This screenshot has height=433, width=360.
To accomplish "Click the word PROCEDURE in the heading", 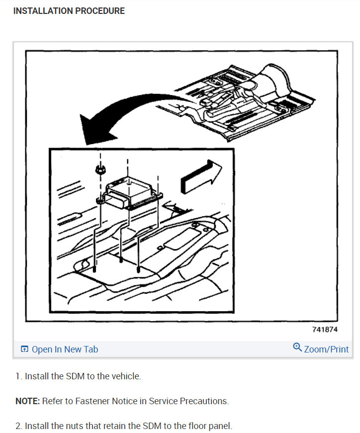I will tap(101, 11).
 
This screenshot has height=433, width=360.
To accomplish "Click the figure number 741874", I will tap(325, 330).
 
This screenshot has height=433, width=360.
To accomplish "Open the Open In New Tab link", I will tap(65, 349).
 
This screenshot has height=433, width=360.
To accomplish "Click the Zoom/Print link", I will tap(326, 349).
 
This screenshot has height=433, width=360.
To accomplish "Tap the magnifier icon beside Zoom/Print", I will tap(297, 347).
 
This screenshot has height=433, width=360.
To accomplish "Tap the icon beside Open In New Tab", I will tap(24, 349).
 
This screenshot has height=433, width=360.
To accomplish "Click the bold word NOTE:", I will tap(27, 401).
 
